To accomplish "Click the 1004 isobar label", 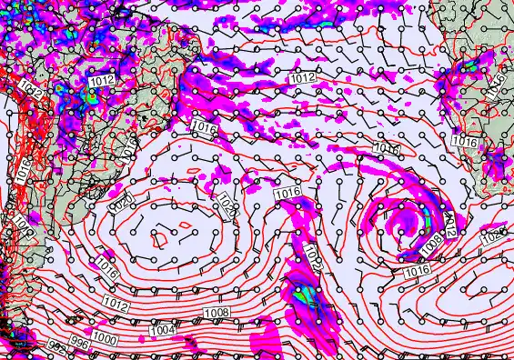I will pyautogui.click(x=164, y=329).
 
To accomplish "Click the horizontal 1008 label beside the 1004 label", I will pyautogui.click(x=217, y=313).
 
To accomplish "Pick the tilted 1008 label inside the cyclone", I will pyautogui.click(x=431, y=241).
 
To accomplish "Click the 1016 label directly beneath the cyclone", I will pyautogui.click(x=418, y=271).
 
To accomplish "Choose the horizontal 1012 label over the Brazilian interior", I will pyautogui.click(x=102, y=81).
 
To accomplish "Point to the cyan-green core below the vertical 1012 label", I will pyautogui.click(x=304, y=294).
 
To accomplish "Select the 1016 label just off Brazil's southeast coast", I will pyautogui.click(x=205, y=129).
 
